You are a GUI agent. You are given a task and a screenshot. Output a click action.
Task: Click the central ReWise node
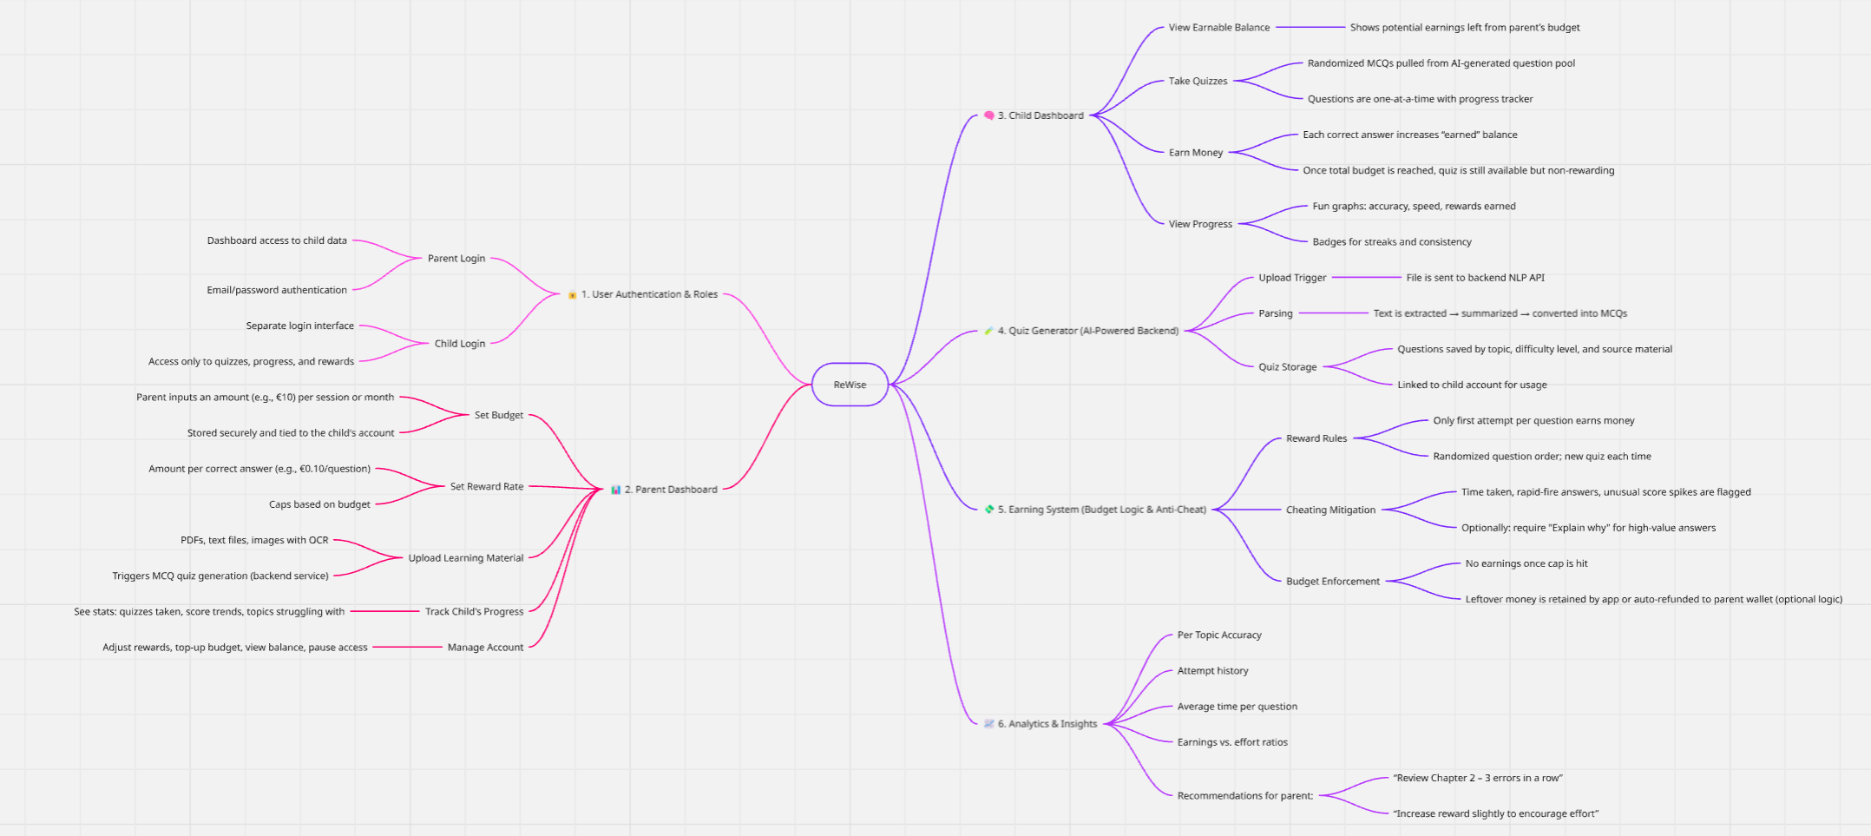point(850,385)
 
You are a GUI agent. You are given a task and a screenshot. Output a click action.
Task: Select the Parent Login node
point(456,259)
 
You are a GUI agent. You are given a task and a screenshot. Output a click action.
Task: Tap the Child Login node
point(460,344)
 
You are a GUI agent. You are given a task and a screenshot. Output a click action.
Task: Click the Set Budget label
point(499,415)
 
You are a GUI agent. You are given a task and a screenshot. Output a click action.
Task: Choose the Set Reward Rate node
point(487,487)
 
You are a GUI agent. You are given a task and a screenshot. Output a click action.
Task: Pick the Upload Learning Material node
point(466,558)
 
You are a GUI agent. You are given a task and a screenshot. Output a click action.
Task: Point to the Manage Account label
point(485,648)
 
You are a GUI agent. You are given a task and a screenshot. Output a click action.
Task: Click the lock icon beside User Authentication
point(572,295)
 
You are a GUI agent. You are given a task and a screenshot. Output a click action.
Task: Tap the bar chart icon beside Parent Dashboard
point(615,490)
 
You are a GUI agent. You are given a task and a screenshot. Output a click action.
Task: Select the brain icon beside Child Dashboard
point(988,115)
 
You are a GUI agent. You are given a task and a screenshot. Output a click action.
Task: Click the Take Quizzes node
point(1198,82)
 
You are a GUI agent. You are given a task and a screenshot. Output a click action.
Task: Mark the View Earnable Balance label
point(1218,28)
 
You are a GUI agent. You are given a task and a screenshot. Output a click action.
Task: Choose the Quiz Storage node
point(1287,367)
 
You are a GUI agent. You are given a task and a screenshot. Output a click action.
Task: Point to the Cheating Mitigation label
point(1330,510)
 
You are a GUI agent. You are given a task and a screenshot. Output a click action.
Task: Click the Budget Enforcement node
point(1332,582)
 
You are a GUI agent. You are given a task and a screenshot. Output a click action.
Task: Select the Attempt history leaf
point(1212,671)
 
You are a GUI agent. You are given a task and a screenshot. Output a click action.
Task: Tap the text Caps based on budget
point(319,504)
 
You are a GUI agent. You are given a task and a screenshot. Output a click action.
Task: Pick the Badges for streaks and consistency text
point(1391,242)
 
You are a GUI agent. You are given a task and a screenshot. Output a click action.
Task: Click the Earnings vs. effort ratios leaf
point(1231,742)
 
